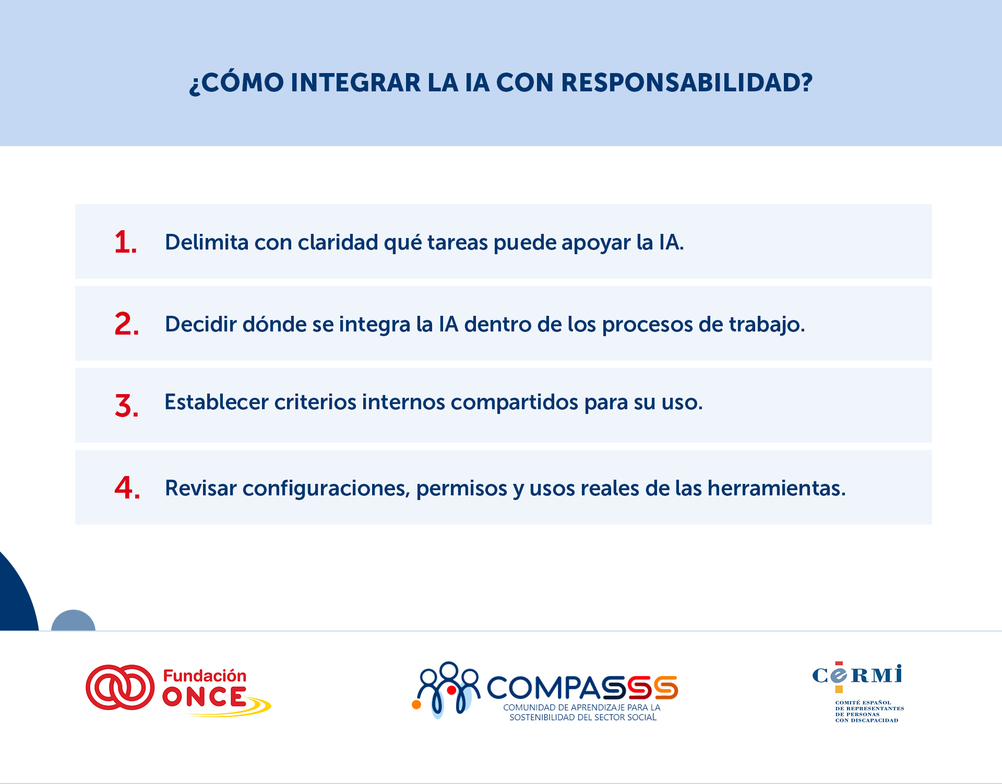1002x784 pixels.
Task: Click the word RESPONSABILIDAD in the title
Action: tap(686, 82)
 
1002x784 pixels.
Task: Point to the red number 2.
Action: tap(126, 324)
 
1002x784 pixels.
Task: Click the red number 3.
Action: tap(126, 406)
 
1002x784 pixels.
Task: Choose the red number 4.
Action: tap(126, 488)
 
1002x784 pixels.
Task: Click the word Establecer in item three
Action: tap(217, 402)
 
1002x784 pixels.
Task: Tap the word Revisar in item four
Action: tap(201, 488)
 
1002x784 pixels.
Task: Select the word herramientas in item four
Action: tap(776, 488)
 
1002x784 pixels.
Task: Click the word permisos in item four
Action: tap(461, 489)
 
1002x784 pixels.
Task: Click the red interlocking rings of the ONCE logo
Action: tap(120, 687)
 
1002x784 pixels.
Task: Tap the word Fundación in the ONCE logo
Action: tap(205, 676)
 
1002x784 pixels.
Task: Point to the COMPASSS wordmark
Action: tap(582, 687)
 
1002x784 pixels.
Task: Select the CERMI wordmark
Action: tap(857, 675)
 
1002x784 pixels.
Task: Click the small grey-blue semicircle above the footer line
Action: tap(73, 621)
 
